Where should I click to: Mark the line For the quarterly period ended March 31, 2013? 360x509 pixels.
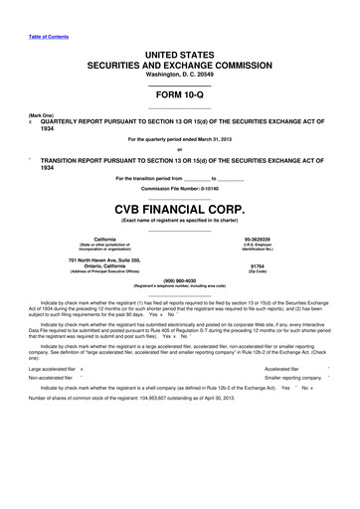(x=179, y=138)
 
